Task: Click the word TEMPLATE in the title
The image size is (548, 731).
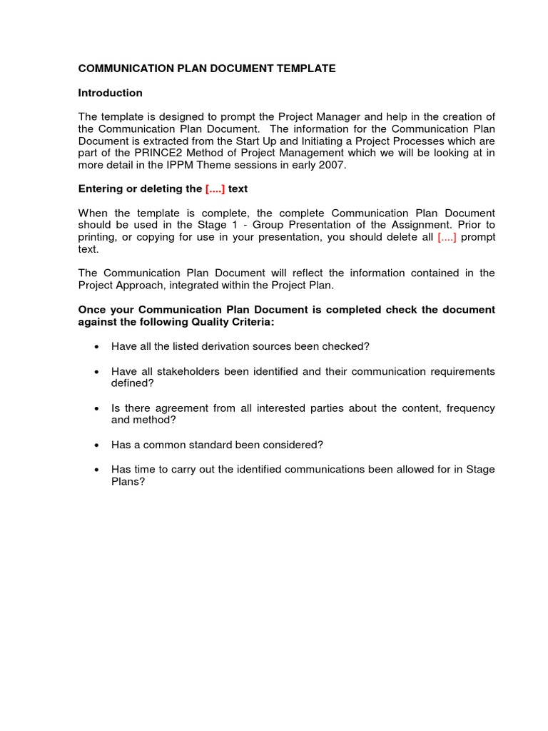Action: coord(305,69)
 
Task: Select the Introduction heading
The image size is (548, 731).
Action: coord(110,93)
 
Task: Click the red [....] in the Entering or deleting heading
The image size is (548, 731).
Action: coord(215,189)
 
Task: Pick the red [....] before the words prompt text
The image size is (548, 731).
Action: coord(447,237)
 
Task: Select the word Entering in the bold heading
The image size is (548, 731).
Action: coord(100,189)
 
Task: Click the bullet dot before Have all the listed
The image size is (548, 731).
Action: coord(96,347)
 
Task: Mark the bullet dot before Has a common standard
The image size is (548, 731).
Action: coord(96,445)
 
